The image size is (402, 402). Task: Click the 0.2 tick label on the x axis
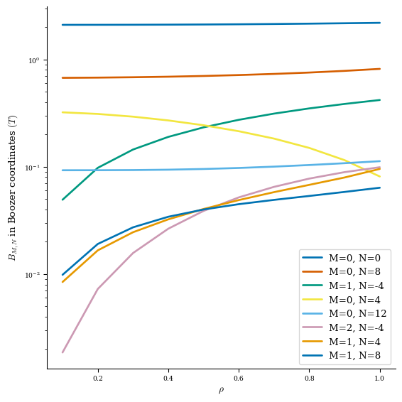[x=98, y=379]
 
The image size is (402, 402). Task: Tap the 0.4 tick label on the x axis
[x=168, y=379]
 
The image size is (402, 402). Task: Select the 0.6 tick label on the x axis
[x=239, y=379]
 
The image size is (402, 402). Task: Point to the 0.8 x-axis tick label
[x=309, y=379]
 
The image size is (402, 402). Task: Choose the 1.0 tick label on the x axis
[x=379, y=379]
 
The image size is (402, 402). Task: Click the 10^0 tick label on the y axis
[x=34, y=60]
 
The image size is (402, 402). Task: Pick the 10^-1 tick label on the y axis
[x=33, y=168]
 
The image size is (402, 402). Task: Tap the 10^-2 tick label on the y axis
[x=33, y=275]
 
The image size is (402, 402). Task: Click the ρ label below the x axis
[x=221, y=391]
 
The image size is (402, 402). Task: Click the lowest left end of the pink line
[x=63, y=352]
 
